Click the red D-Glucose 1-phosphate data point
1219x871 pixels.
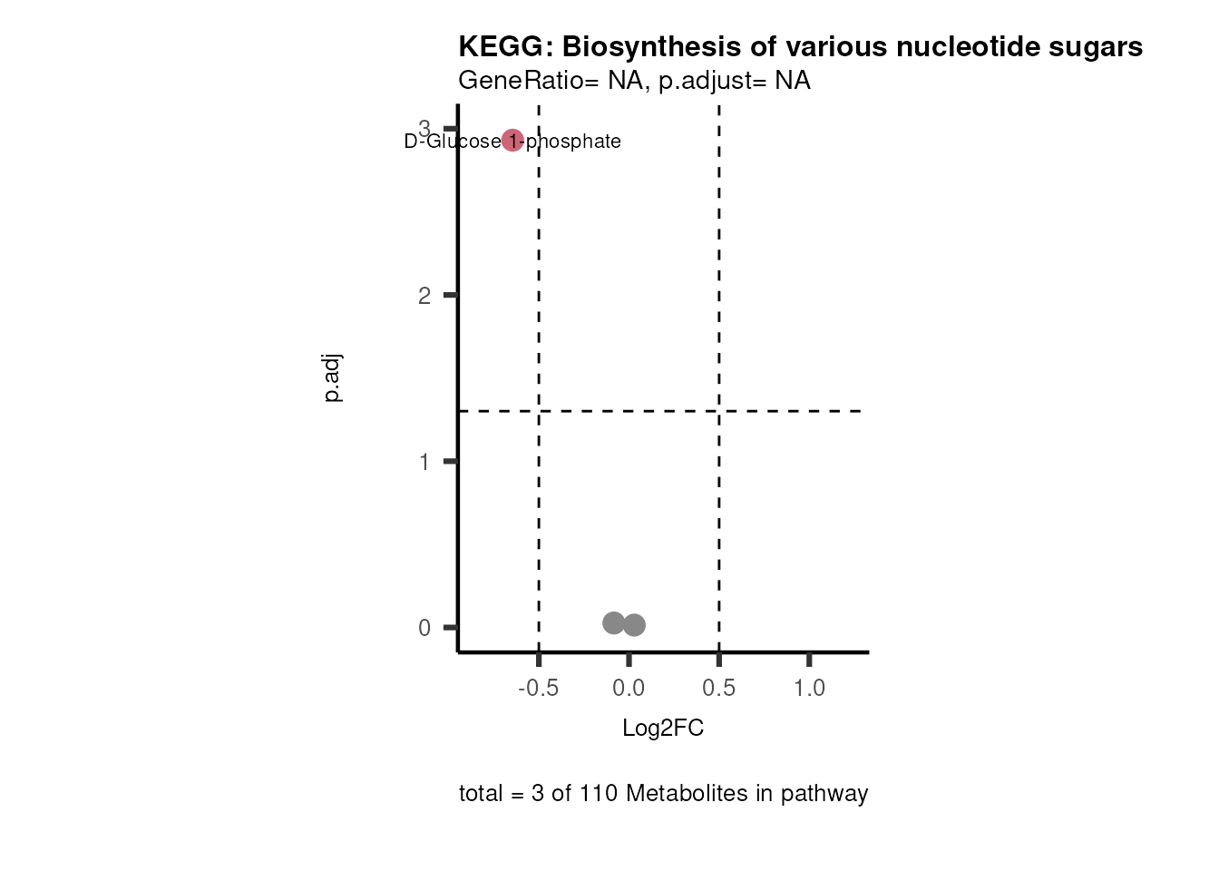[512, 141]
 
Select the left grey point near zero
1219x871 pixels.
[614, 623]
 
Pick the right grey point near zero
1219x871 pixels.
[634, 625]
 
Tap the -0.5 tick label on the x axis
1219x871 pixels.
[538, 689]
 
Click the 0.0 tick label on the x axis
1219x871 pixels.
[629, 689]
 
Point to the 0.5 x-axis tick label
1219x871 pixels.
[718, 689]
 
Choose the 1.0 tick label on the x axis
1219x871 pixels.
[809, 689]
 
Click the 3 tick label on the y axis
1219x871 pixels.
[424, 128]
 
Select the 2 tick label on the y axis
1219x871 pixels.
[424, 296]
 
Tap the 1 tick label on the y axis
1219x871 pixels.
[424, 462]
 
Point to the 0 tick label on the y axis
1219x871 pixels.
[424, 628]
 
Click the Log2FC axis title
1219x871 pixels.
[663, 729]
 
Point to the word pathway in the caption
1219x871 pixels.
[824, 794]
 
